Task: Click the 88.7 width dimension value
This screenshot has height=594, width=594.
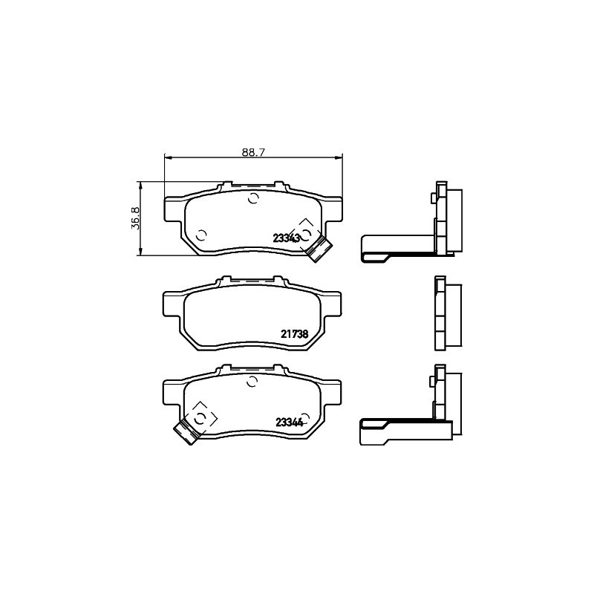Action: click(253, 152)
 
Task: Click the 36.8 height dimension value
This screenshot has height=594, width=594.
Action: click(136, 218)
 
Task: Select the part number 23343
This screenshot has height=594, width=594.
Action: click(287, 238)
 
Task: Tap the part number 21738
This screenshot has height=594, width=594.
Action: click(295, 333)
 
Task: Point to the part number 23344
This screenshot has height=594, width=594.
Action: click(290, 422)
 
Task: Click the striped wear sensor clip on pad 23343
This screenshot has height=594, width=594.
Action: click(319, 248)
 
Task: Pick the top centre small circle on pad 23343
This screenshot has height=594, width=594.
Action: click(253, 198)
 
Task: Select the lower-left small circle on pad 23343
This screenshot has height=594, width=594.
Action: click(201, 235)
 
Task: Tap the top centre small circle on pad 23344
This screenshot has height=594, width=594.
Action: click(252, 382)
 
